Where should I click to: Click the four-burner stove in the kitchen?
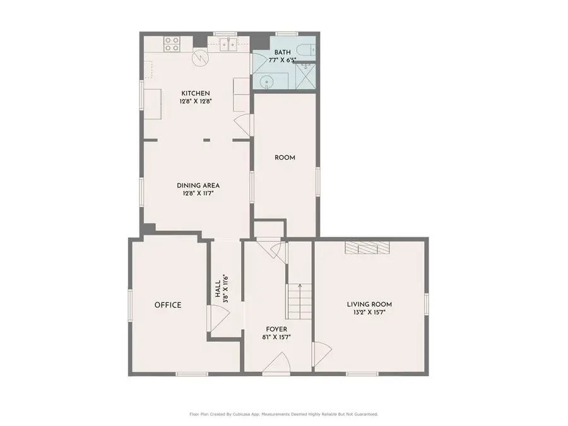point(172,44)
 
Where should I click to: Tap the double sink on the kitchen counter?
point(228,44)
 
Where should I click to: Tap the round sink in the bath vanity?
point(267,80)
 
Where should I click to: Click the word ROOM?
point(285,158)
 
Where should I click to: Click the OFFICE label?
point(168,305)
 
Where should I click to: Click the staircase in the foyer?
point(299,302)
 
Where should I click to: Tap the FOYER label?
point(276,329)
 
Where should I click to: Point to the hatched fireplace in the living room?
point(368,248)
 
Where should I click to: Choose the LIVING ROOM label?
point(369,304)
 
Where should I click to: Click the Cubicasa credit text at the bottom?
point(283,414)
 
